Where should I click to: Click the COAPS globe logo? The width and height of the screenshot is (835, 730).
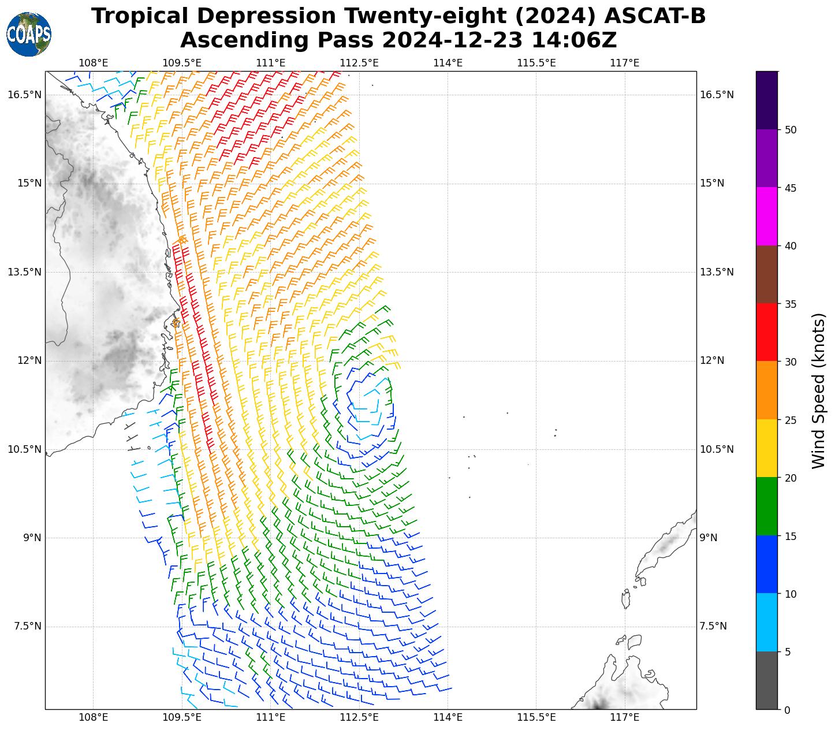tap(28, 35)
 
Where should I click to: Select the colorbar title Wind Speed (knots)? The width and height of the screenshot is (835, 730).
tap(819, 390)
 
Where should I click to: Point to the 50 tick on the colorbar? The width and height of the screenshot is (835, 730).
tap(791, 129)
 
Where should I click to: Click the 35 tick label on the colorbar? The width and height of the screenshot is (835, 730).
tap(791, 304)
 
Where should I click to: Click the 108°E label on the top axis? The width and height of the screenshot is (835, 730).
tap(94, 62)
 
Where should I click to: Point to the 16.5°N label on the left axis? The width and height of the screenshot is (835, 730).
tap(24, 95)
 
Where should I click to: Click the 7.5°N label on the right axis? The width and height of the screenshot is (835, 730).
tap(713, 626)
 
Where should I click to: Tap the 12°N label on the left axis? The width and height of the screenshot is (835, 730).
tap(29, 360)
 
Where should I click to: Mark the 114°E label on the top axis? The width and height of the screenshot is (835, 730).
tap(448, 62)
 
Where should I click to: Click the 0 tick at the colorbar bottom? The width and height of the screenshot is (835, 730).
tap(787, 710)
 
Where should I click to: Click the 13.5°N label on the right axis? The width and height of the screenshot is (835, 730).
tap(717, 272)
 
